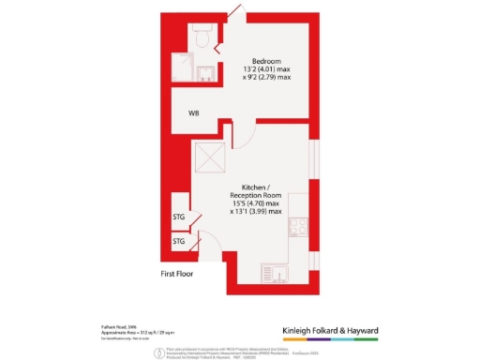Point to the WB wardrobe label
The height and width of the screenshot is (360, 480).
(193, 114)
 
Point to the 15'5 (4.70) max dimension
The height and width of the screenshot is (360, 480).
(255, 203)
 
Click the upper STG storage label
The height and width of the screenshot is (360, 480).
(179, 217)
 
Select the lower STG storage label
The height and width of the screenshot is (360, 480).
(179, 242)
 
